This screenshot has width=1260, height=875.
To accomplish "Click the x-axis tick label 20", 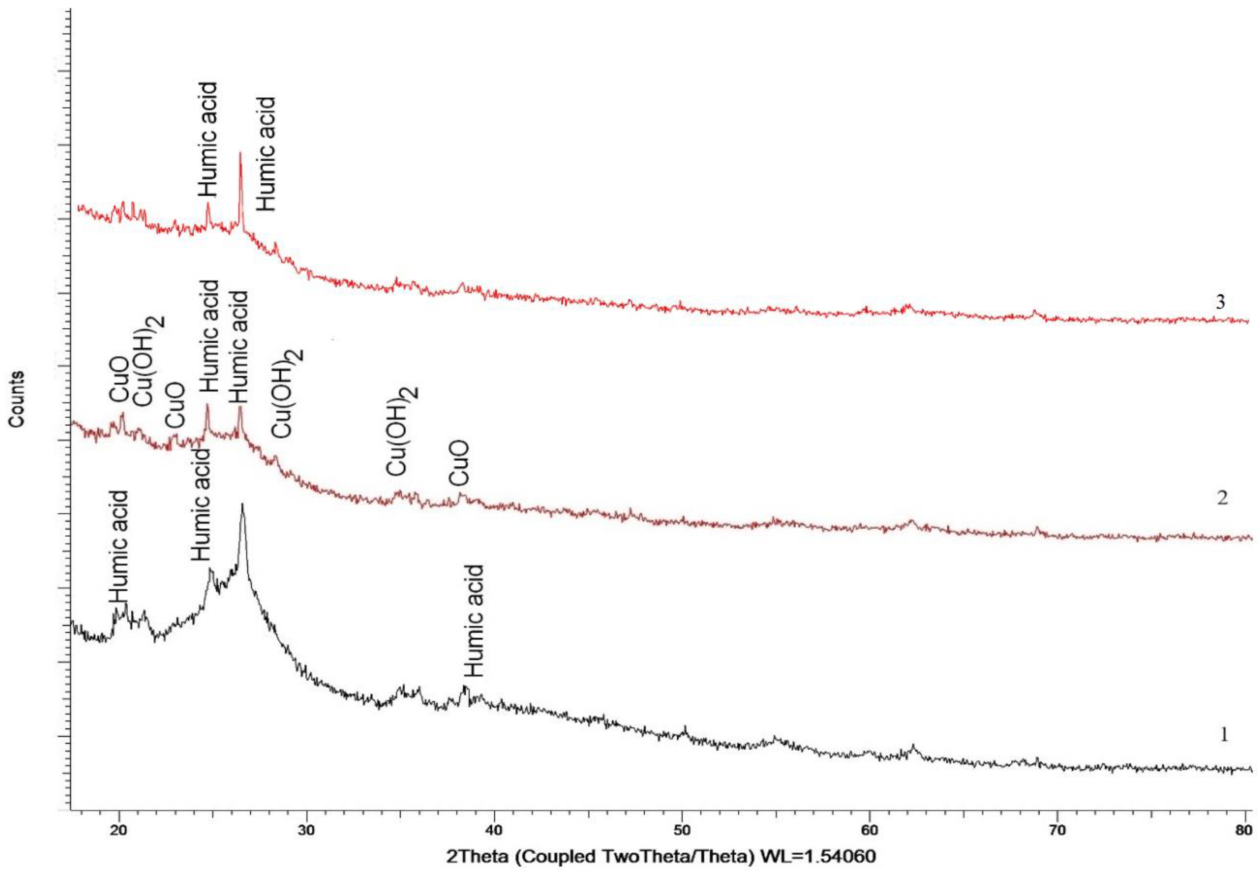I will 118,829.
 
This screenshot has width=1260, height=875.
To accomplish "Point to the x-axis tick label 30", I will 306,829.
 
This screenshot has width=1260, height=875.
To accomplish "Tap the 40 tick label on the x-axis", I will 494,829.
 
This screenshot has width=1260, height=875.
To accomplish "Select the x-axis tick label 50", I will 682,829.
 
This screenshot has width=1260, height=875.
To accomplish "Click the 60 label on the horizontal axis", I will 870,829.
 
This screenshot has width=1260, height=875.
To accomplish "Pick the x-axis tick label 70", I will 1057,829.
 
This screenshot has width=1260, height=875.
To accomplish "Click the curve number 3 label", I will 1220,302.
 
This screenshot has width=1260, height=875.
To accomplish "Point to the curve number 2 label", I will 1222,498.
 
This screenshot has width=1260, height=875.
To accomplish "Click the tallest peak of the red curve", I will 240,154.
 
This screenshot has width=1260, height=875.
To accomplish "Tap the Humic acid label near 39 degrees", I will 474,621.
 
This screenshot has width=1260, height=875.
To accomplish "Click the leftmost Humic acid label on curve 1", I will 118,547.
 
